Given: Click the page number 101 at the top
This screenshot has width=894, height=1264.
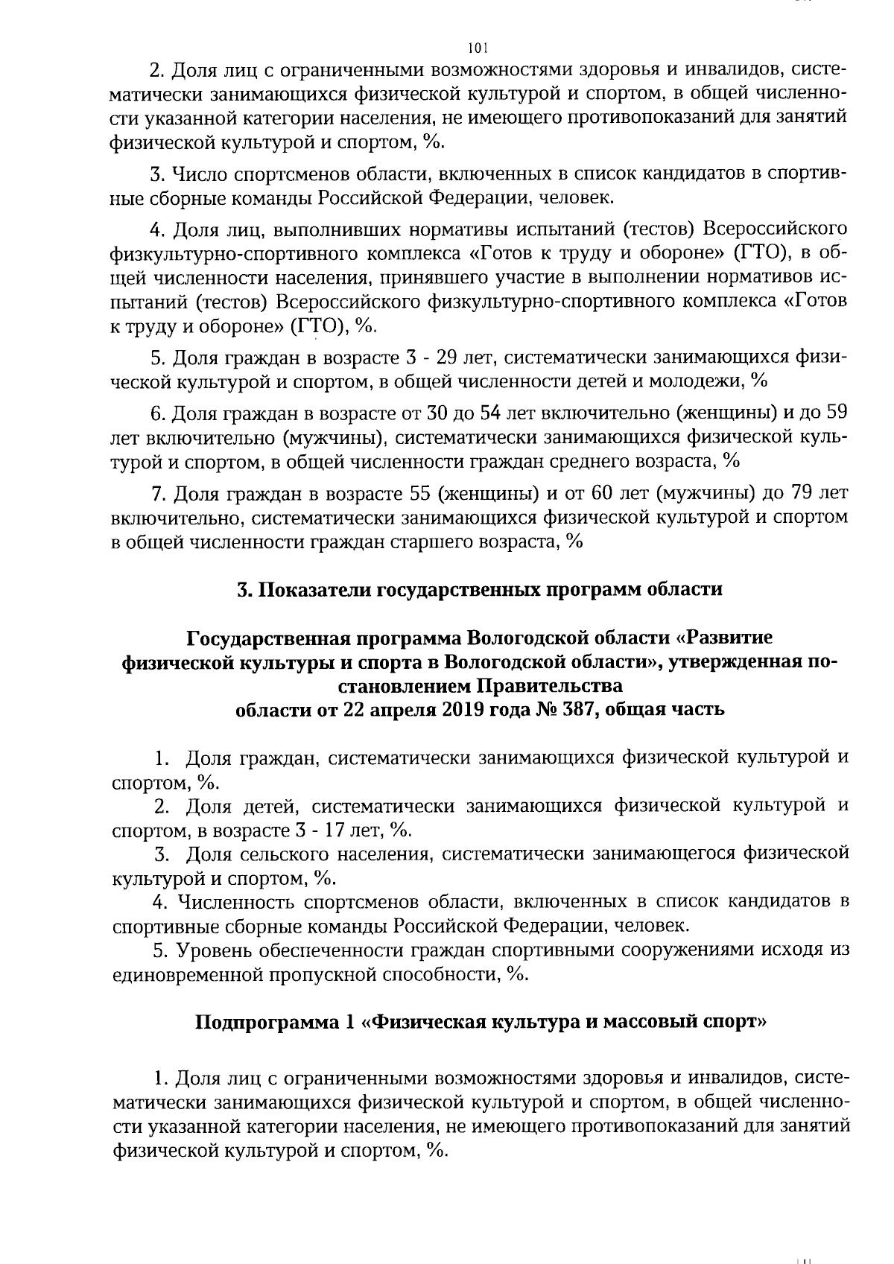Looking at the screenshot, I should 478,48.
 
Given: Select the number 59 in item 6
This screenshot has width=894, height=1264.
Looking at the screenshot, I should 836,412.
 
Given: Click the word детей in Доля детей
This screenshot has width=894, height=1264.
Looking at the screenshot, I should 269,806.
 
